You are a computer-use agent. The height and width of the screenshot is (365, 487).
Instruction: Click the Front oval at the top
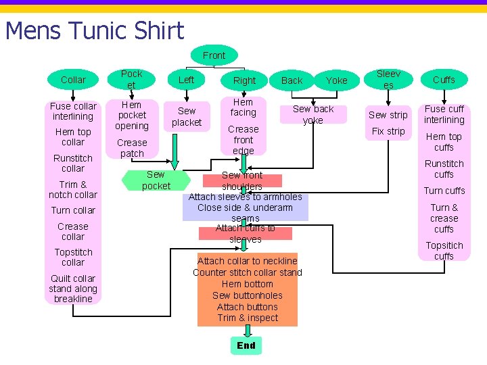point(214,55)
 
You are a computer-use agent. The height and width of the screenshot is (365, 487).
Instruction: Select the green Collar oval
point(73,80)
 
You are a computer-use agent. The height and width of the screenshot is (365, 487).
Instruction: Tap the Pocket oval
point(131,80)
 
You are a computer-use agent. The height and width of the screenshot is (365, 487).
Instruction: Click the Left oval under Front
point(187,80)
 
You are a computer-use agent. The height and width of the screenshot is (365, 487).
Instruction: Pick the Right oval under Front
point(244,80)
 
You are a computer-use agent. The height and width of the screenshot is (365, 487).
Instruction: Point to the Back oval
point(292,80)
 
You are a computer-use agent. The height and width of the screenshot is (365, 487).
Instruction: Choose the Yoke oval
point(337,80)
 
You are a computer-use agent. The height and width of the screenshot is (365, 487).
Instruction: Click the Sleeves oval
point(388,80)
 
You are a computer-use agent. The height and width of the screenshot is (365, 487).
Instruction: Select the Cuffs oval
point(444,80)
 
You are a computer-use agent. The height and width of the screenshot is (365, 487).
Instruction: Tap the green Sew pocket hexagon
point(156,180)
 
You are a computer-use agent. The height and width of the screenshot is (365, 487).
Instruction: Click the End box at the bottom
point(246,345)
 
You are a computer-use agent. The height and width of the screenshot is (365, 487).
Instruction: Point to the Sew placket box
point(187,117)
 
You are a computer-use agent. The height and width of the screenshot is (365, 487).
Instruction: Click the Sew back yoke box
point(313,114)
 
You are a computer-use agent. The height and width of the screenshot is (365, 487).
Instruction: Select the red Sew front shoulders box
point(242,180)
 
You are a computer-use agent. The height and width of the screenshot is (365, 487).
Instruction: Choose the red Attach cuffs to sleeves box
point(246,233)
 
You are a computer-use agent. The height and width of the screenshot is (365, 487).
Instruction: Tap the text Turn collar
point(73,210)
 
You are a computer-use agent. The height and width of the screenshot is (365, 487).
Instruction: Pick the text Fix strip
point(388,131)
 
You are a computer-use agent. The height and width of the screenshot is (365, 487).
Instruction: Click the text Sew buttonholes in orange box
point(248,295)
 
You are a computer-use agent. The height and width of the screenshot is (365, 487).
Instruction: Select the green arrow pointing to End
point(248,331)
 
